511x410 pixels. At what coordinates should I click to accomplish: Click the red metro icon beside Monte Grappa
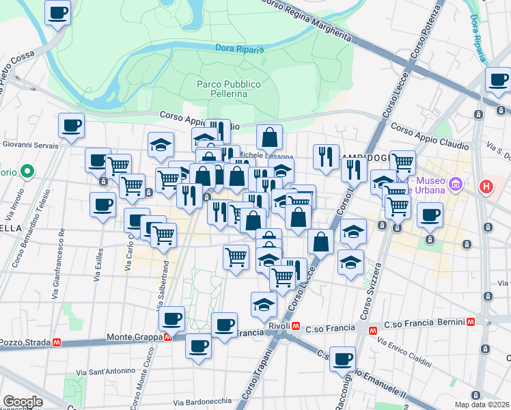[167, 337]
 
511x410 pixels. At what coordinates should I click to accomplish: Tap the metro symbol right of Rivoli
[295, 326]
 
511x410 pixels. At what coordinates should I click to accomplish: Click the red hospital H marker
[486, 186]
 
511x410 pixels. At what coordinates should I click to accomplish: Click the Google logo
[23, 402]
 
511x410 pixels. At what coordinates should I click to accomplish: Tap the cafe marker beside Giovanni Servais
[71, 126]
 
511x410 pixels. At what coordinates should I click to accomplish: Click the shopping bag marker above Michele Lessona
[270, 137]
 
